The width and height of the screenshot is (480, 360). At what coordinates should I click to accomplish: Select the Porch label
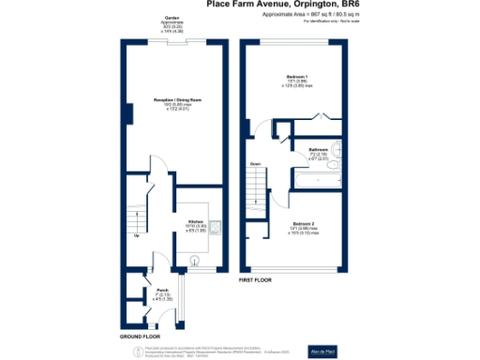tap(161, 289)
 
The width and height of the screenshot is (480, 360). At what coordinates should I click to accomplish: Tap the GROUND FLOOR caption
tap(139, 335)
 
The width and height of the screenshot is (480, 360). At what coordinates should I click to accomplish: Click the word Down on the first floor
tap(253, 165)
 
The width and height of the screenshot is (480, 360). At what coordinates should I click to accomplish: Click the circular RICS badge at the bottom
tap(129, 349)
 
